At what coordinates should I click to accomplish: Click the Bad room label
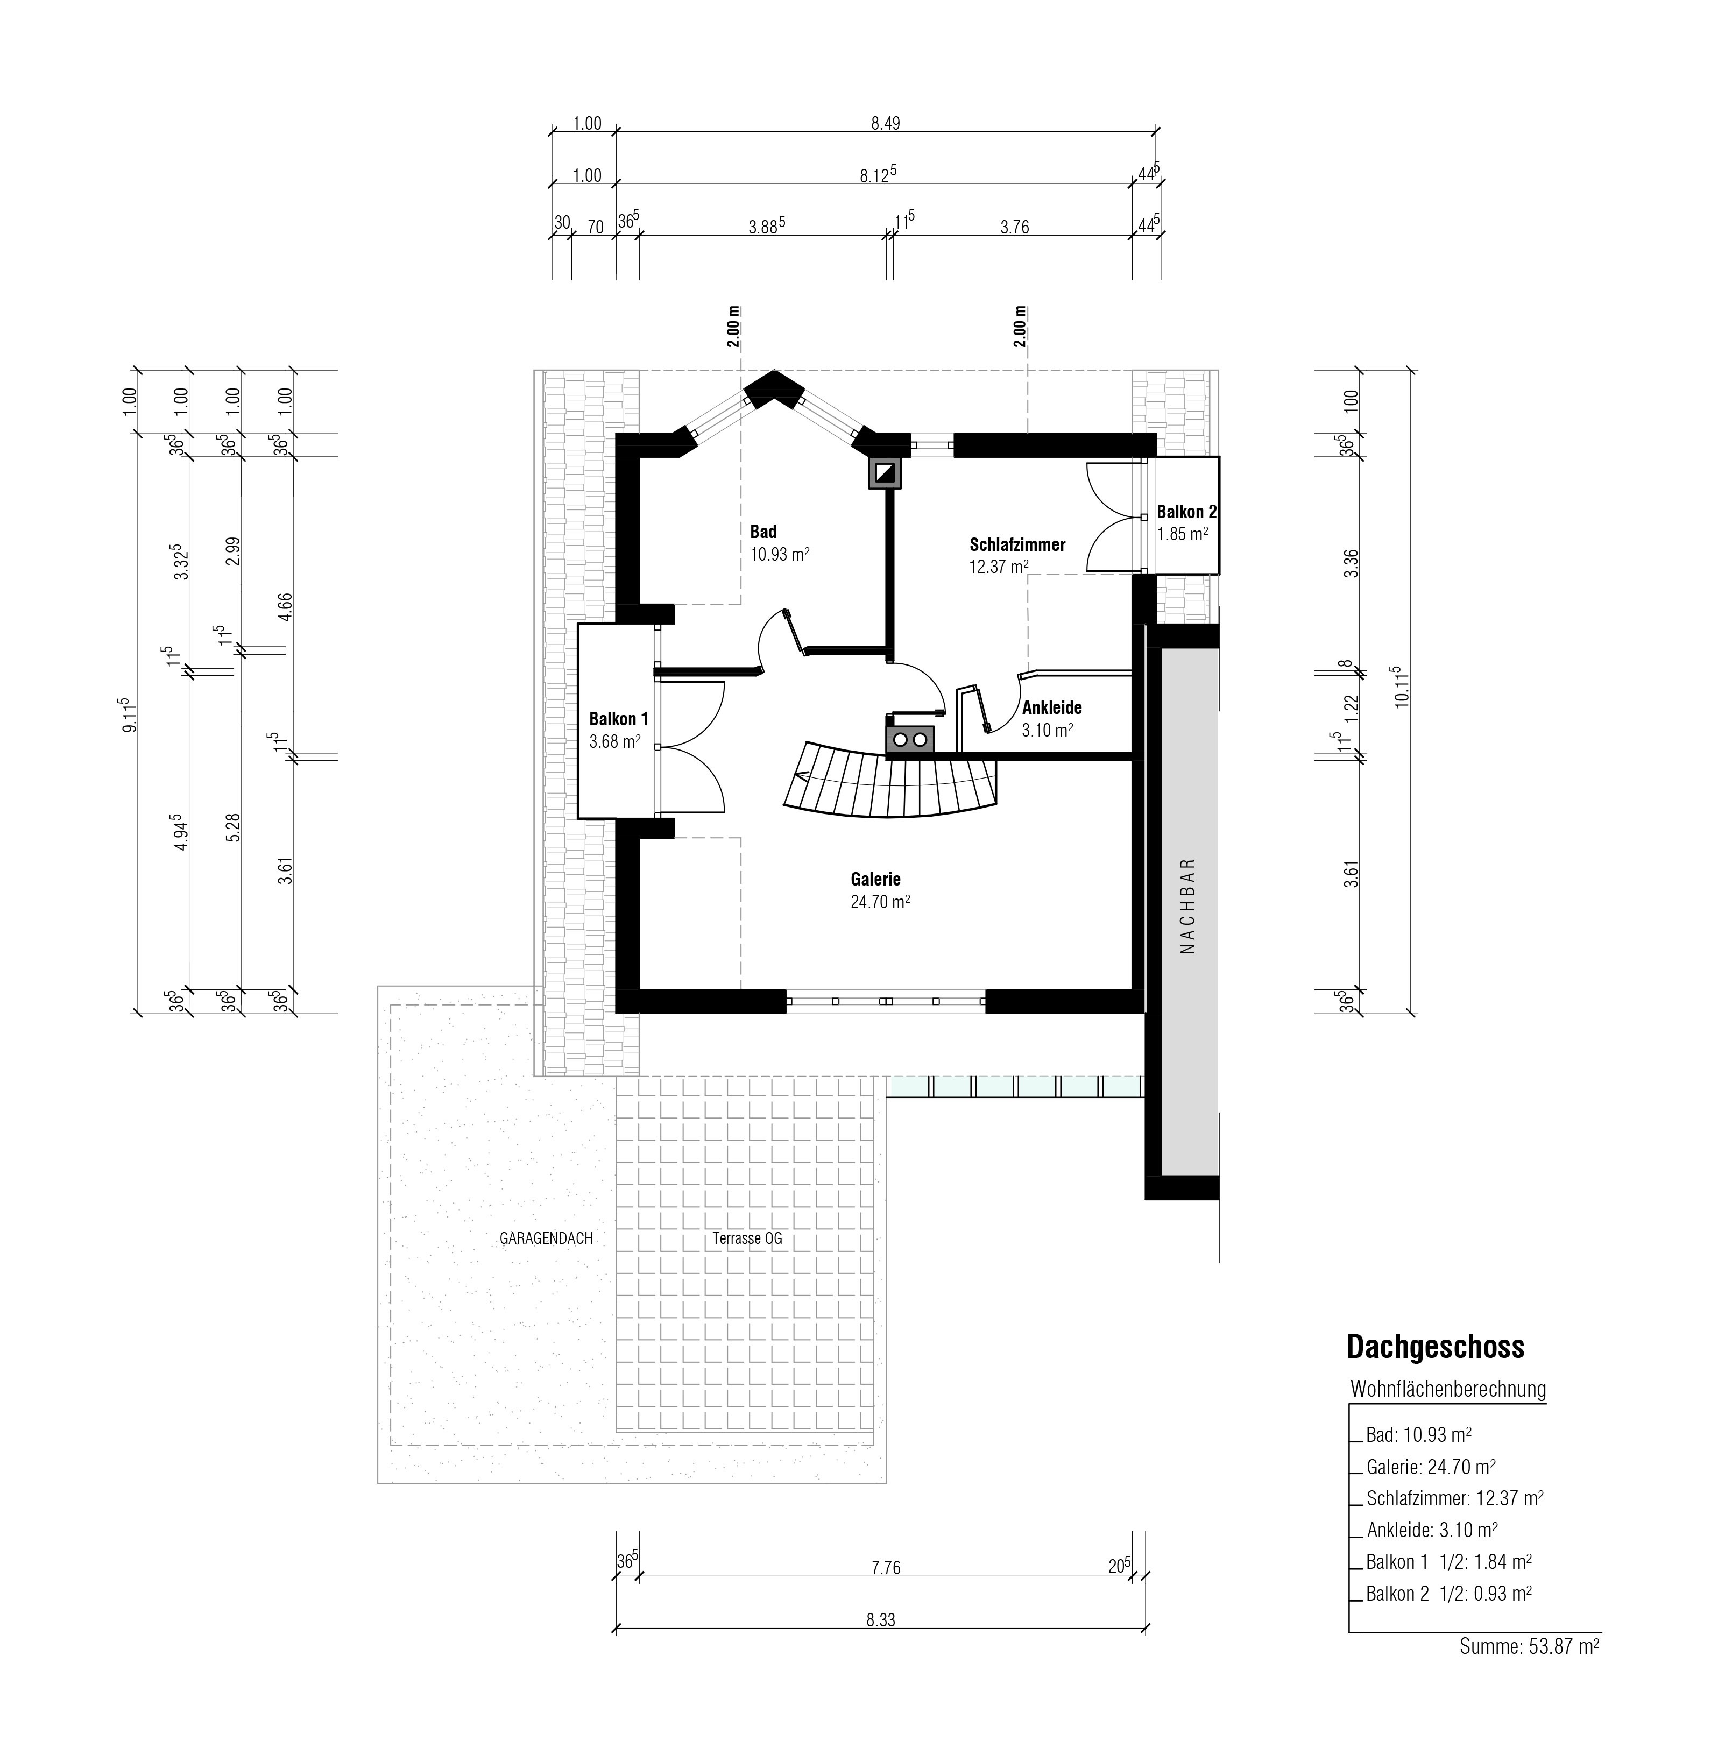[x=762, y=532]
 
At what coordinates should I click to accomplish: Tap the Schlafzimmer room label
[x=1017, y=545]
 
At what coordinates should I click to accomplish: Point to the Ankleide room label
[x=1051, y=707]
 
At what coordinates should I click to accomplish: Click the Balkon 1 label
[x=618, y=719]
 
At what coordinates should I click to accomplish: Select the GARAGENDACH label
[x=546, y=1238]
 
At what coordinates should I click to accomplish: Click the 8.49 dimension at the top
[x=885, y=123]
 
